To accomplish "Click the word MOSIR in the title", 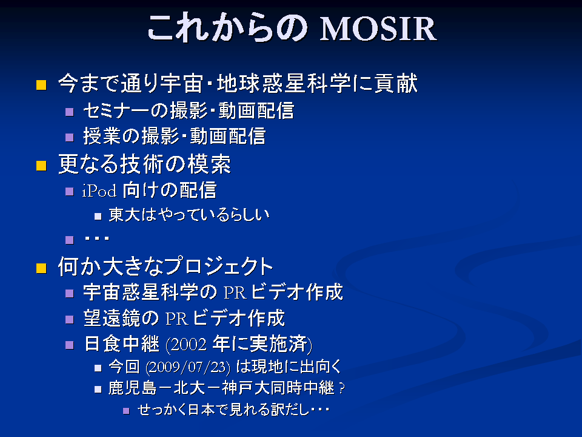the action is tap(378, 29).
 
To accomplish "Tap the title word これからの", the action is tap(227, 27).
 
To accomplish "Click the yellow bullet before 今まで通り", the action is tap(41, 85).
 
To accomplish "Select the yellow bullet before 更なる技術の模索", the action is tap(41, 165).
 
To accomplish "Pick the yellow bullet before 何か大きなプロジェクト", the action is tap(41, 268).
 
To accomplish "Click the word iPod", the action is tap(99, 191).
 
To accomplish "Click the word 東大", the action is tap(124, 215).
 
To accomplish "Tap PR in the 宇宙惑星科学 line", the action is tap(235, 293).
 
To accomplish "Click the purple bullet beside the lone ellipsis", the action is tap(69, 240).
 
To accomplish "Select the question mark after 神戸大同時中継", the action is tap(342, 388).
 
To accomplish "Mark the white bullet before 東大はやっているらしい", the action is tap(98, 216).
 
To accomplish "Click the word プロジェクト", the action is tap(219, 266).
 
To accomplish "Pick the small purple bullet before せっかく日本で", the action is tap(126, 411).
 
